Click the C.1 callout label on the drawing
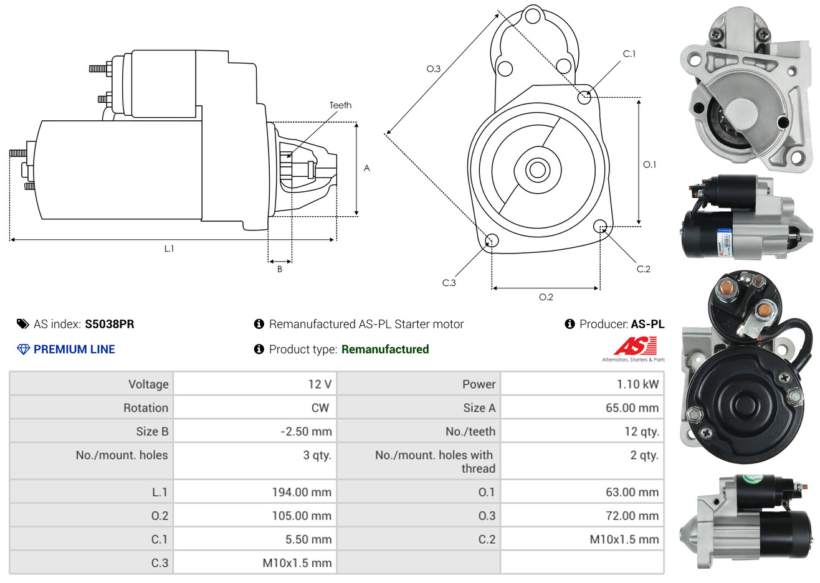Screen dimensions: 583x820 pyautogui.click(x=629, y=54)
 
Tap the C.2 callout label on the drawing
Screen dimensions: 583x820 pyautogui.click(x=643, y=269)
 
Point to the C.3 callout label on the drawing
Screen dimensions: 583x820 pyautogui.click(x=449, y=283)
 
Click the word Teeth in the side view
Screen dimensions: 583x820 pyautogui.click(x=340, y=105)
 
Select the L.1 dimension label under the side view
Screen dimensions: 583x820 pyautogui.click(x=169, y=249)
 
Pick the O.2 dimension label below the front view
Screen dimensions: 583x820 pyautogui.click(x=546, y=297)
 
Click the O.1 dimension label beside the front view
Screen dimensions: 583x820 pyautogui.click(x=649, y=164)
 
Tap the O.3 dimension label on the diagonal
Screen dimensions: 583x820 pyautogui.click(x=433, y=69)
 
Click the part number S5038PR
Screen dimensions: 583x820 pyautogui.click(x=110, y=324)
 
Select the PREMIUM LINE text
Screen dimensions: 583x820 pyautogui.click(x=74, y=349)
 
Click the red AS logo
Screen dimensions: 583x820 pyautogui.click(x=635, y=346)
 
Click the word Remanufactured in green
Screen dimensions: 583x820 pyautogui.click(x=385, y=349)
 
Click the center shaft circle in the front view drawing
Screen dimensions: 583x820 pyautogui.click(x=536, y=169)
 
